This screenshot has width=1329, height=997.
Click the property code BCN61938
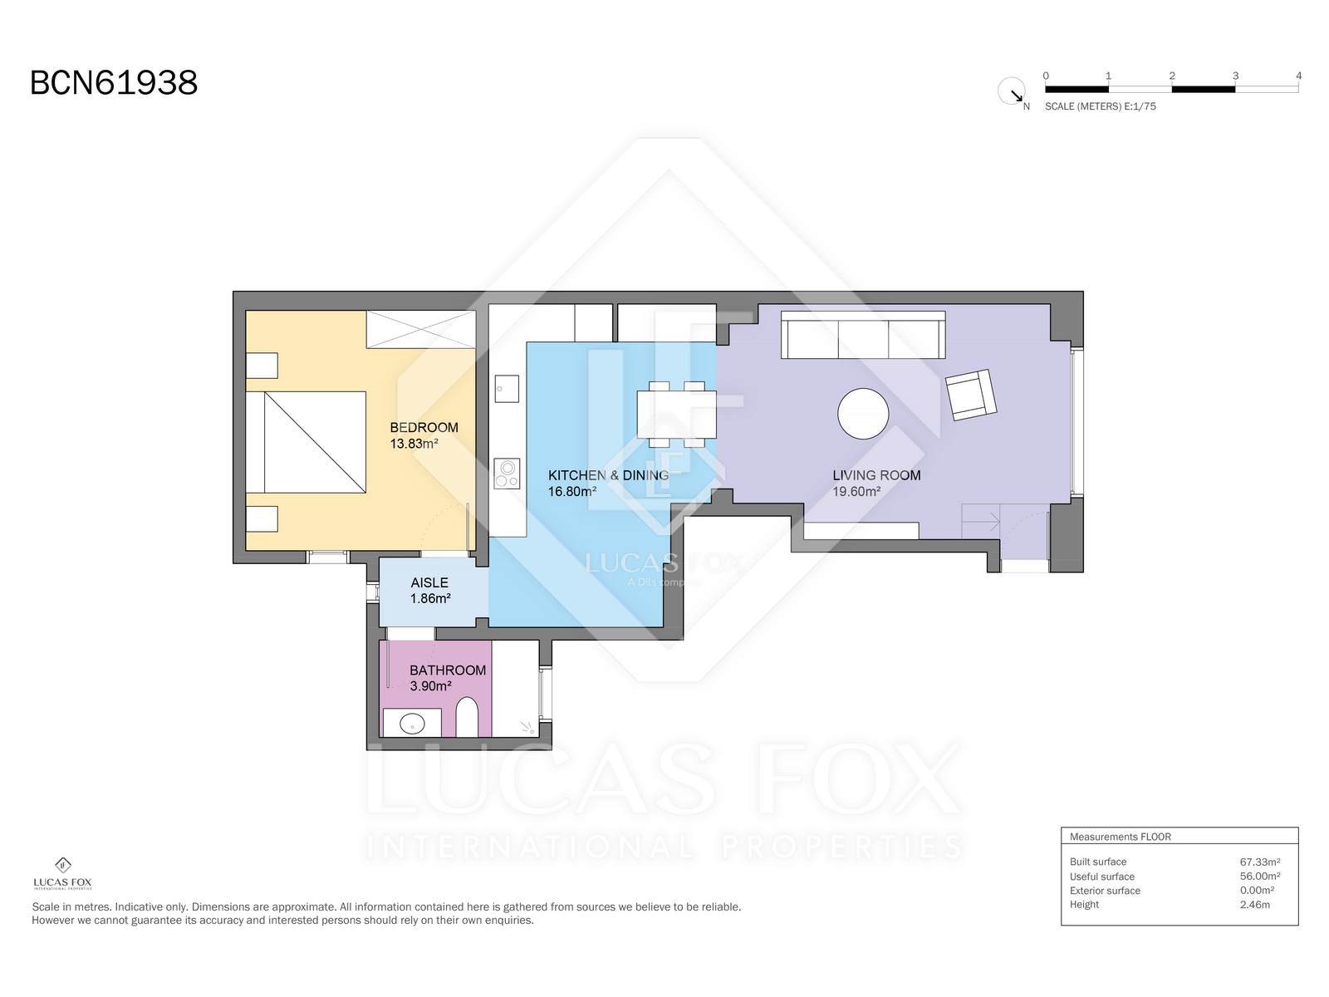pos(114,83)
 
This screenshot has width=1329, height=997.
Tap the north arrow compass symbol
pos(1011,91)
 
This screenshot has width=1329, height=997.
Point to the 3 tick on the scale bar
pos(1235,76)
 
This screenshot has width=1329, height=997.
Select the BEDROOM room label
pos(424,427)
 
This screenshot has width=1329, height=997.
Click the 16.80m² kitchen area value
pos(572,492)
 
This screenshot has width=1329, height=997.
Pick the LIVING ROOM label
pos(876,475)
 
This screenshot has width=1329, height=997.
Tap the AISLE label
pos(429,582)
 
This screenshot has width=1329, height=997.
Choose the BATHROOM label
pos(448,670)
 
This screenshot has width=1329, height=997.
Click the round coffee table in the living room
pos(863,414)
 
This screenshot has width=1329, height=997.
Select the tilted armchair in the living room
pos(970,395)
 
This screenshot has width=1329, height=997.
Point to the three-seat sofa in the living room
pos(863,335)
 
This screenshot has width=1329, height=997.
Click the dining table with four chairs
pos(676,414)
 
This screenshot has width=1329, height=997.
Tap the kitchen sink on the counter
pos(507,389)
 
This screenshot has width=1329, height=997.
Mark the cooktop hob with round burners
pos(507,474)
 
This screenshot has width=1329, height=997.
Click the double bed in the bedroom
pos(306,442)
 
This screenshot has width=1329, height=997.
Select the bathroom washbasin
pos(412,723)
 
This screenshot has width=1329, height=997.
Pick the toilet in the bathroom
pos(466,718)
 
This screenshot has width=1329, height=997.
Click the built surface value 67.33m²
pos(1260,862)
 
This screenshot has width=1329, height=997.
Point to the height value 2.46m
pos(1254,905)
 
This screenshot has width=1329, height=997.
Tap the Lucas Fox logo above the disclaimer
pos(63,873)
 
